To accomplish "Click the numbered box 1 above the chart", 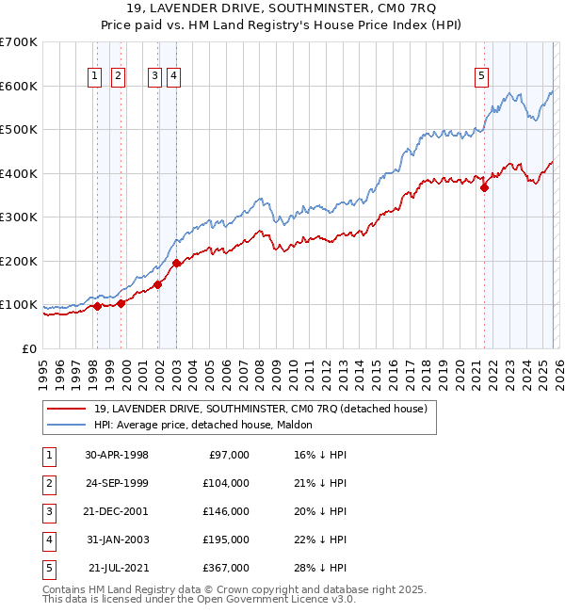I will pyautogui.click(x=96, y=77).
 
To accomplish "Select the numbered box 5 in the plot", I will pyautogui.click(x=481, y=77).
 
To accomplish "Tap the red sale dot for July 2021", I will pyautogui.click(x=485, y=187).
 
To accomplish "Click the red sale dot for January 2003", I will pyautogui.click(x=176, y=263).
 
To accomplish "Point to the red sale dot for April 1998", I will pyautogui.click(x=97, y=306).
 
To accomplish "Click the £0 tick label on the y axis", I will pyautogui.click(x=28, y=348).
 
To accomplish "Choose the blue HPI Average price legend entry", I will pyautogui.click(x=203, y=426).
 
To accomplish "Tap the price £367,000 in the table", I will pyautogui.click(x=226, y=568).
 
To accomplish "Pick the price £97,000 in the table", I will pyautogui.click(x=229, y=455).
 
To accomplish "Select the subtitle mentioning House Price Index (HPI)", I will pyautogui.click(x=282, y=26).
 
